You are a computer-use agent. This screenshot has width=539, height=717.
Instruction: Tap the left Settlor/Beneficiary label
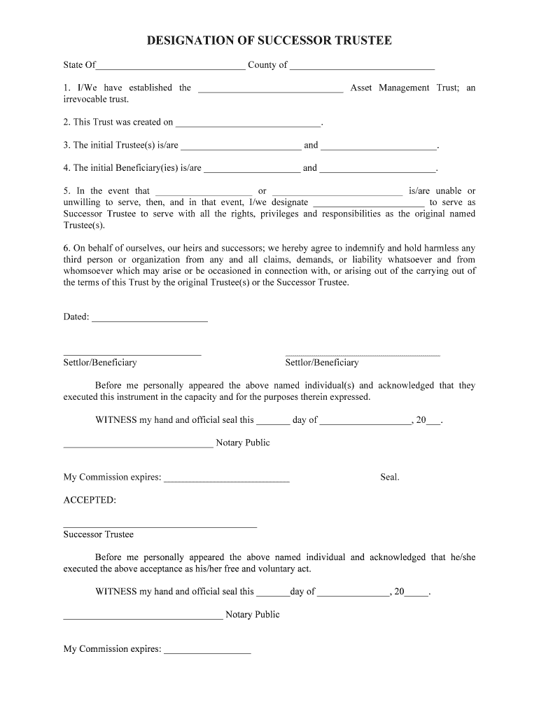pyautogui.click(x=100, y=363)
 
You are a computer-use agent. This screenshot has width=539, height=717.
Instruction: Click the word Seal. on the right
pyautogui.click(x=390, y=478)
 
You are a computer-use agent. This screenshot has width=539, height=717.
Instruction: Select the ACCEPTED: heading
pyautogui.click(x=90, y=500)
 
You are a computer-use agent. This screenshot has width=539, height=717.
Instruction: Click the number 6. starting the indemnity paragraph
pyautogui.click(x=67, y=248)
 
